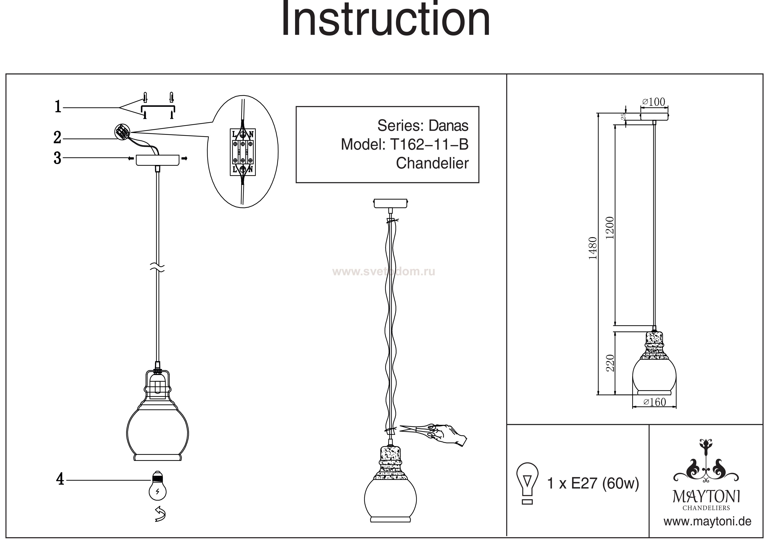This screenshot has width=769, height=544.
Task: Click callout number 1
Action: (x=58, y=107)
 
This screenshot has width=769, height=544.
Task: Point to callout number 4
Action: (x=60, y=479)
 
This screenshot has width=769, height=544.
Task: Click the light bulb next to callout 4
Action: (x=157, y=486)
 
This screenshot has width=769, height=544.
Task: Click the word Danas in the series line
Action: (x=448, y=126)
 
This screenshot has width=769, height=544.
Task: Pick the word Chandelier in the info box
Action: (x=432, y=163)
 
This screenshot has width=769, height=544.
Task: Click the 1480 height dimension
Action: (x=593, y=248)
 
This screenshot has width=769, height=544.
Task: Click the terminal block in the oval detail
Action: (x=243, y=152)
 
